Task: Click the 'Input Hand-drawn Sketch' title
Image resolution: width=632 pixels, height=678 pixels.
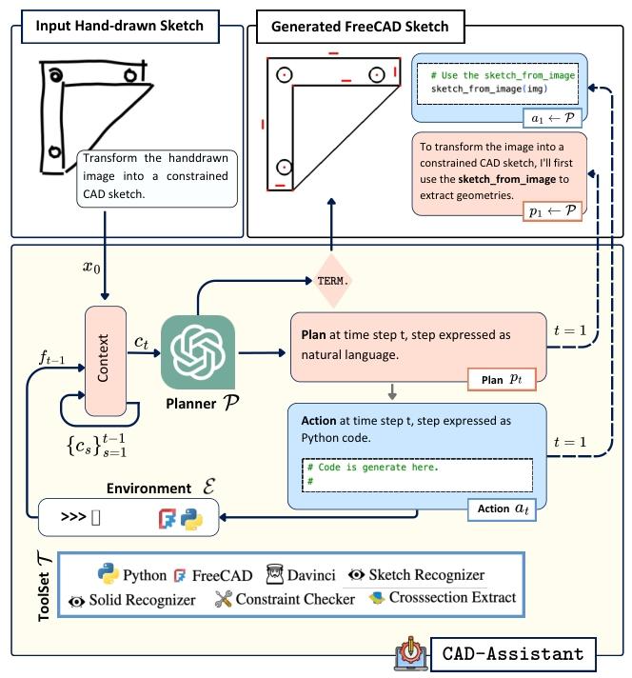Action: pyautogui.click(x=119, y=26)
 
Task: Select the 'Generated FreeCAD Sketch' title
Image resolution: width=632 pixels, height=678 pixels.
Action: pyautogui.click(x=360, y=26)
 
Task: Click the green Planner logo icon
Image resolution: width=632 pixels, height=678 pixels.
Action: pyautogui.click(x=197, y=350)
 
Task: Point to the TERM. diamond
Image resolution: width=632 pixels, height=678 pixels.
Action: pyautogui.click(x=332, y=281)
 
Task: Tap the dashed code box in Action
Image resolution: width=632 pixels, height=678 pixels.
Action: pyautogui.click(x=416, y=473)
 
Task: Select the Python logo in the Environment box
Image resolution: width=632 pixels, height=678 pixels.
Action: pyautogui.click(x=192, y=520)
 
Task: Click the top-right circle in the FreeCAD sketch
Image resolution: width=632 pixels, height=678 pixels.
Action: pyautogui.click(x=376, y=72)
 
